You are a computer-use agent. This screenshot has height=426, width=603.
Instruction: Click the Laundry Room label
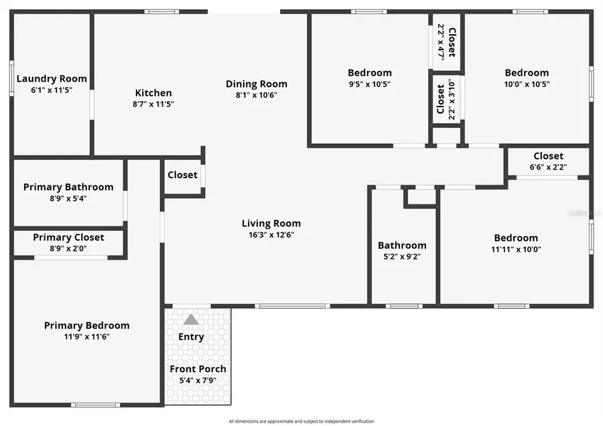[x=52, y=78]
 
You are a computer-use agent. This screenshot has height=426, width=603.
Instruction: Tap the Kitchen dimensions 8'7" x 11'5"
[x=153, y=104]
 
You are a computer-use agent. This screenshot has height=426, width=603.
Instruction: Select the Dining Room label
[x=257, y=84]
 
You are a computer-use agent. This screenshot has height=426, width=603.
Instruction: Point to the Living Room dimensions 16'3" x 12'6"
[x=271, y=234]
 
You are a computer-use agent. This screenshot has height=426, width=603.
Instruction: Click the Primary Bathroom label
[x=68, y=187]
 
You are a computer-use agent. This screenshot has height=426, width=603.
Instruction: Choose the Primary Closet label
[x=68, y=237]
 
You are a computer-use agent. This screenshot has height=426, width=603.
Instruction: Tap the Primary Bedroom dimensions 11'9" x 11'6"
[x=86, y=336]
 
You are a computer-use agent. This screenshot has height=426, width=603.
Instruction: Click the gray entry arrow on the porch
[x=191, y=319]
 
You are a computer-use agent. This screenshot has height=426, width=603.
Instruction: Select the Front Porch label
[x=198, y=369]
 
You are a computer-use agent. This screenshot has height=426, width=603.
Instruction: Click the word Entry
[x=191, y=336]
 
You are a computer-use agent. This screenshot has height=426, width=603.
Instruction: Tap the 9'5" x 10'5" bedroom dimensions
[x=369, y=84]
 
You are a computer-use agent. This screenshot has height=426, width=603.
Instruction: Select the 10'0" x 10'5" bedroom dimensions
[x=527, y=84]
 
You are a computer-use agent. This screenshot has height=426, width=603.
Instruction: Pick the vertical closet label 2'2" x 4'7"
[x=446, y=42]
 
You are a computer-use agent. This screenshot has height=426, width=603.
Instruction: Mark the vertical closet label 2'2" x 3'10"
[x=446, y=99]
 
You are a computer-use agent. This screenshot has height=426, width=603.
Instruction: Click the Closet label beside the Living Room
[x=182, y=175]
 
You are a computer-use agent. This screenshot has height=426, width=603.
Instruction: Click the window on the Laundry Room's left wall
[x=11, y=79]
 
